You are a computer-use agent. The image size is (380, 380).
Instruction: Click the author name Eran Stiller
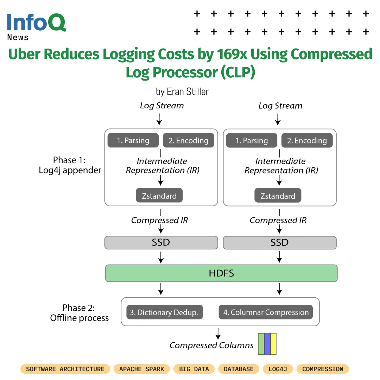pos(188,91)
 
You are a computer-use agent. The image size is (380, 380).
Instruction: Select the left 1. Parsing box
pos(133,140)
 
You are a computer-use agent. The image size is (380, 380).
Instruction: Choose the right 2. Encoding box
pos(307,140)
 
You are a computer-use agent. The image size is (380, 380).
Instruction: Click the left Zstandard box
pos(159,195)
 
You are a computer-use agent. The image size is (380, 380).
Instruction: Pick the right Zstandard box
pos(278,195)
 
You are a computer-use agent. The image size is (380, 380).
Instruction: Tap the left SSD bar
pos(161,242)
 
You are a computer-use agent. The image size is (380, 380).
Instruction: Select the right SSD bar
pos(280,242)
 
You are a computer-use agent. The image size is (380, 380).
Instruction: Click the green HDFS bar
pos(221,273)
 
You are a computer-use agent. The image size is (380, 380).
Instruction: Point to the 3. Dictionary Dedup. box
pos(165,312)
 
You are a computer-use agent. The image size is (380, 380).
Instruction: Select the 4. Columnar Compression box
pos(266,312)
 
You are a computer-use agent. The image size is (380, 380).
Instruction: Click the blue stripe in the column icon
pos(267,344)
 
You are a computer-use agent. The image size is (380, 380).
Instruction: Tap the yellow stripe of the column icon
pos(273,344)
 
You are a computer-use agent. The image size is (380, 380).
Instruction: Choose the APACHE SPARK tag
pos(142,369)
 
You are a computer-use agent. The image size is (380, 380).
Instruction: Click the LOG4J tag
pos(278,369)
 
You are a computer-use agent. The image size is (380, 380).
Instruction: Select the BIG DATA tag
pos(194,369)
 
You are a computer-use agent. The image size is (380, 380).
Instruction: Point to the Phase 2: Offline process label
pos(79,313)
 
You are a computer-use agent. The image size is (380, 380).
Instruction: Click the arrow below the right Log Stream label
pos(278,119)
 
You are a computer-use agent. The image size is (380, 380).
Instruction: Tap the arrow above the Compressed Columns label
pos(218,334)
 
